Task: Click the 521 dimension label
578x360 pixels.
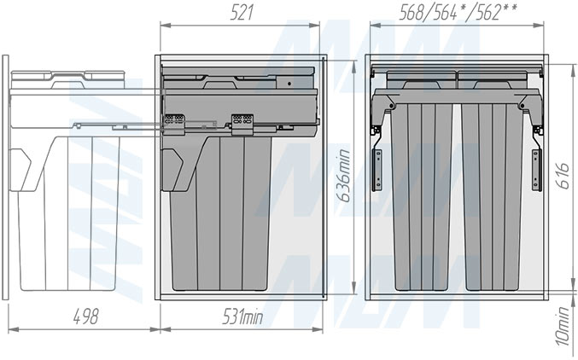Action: (242, 13)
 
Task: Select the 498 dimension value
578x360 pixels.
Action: (86, 316)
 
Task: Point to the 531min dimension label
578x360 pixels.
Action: (242, 316)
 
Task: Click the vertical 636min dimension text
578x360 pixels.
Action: (345, 176)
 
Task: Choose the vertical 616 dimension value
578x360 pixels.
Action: (563, 176)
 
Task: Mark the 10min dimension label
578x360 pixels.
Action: (563, 326)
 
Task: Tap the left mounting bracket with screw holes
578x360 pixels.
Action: (377, 170)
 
